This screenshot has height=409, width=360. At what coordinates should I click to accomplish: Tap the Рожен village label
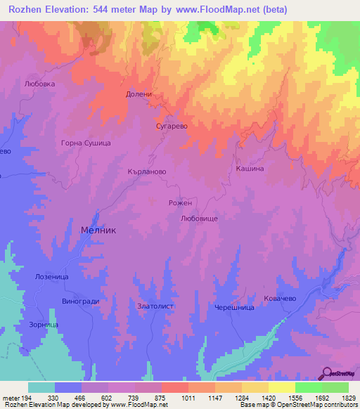pos(180,202)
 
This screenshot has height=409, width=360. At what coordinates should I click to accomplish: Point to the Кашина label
pos(250,169)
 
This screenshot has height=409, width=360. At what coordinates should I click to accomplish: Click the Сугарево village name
pos(171,127)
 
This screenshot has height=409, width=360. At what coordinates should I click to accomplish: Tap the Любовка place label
pos(39,83)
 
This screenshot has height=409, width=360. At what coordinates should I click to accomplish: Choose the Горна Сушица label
pos(86,143)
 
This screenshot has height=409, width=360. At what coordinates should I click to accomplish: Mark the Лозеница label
pos(51,278)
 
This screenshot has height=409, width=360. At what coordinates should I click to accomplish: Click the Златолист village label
pos(155,306)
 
